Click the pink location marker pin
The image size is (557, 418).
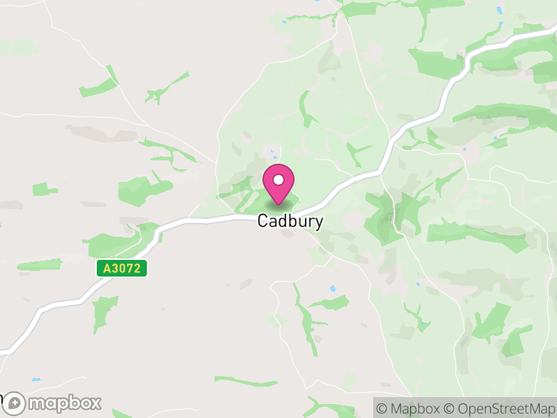click(278, 184)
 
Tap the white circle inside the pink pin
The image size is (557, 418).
click(278, 180)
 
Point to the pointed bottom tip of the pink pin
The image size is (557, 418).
click(278, 203)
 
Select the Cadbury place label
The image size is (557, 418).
click(290, 221)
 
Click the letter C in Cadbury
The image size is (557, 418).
click(263, 221)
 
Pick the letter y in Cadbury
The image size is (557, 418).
click(318, 223)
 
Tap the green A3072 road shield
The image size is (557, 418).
click(122, 268)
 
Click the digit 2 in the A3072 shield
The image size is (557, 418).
click(139, 268)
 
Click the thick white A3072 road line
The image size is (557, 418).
click(209, 220)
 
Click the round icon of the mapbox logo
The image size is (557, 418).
click(15, 403)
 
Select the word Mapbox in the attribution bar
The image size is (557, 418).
click(415, 408)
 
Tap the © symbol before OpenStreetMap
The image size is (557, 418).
click(449, 408)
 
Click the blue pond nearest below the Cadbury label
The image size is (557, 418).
click(333, 288)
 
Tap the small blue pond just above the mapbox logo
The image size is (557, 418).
click(36, 380)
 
